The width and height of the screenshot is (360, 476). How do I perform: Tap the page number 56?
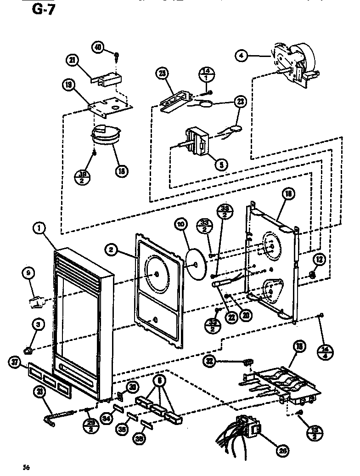(x=27, y=468)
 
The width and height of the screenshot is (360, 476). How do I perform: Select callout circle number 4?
(x=241, y=56)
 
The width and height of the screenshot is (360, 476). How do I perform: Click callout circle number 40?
(x=97, y=47)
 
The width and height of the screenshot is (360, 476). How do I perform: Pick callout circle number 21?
(x=73, y=60)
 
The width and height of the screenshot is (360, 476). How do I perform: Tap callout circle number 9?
(x=28, y=274)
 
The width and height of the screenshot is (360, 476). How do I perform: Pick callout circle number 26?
(x=283, y=451)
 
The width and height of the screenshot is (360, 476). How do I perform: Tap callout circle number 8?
(x=159, y=380)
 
